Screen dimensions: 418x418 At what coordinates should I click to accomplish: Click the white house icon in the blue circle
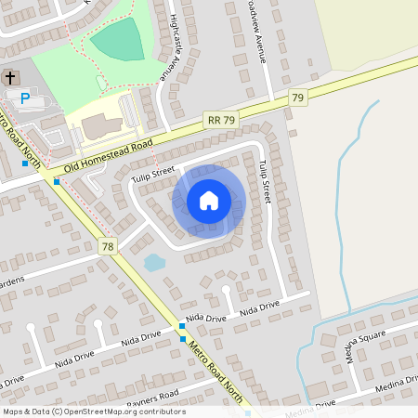click(209, 201)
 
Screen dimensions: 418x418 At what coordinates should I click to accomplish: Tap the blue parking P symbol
click(25, 97)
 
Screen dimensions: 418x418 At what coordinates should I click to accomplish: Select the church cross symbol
click(10, 78)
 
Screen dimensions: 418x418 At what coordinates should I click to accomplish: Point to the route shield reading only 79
click(298, 98)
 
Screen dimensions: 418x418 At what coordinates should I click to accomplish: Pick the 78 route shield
click(109, 246)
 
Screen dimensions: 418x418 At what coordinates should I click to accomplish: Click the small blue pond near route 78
click(154, 263)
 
